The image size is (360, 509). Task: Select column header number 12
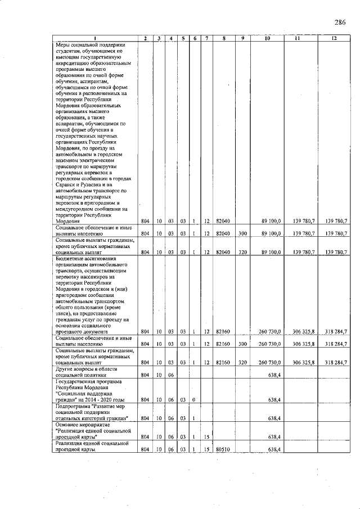coord(334,38)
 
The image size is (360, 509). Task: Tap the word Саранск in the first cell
coord(66,184)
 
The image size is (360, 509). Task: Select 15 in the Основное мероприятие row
coord(206,436)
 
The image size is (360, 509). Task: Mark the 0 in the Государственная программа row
coord(195,400)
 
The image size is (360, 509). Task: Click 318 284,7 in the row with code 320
coord(335,362)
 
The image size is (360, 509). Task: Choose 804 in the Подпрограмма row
coord(145,418)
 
